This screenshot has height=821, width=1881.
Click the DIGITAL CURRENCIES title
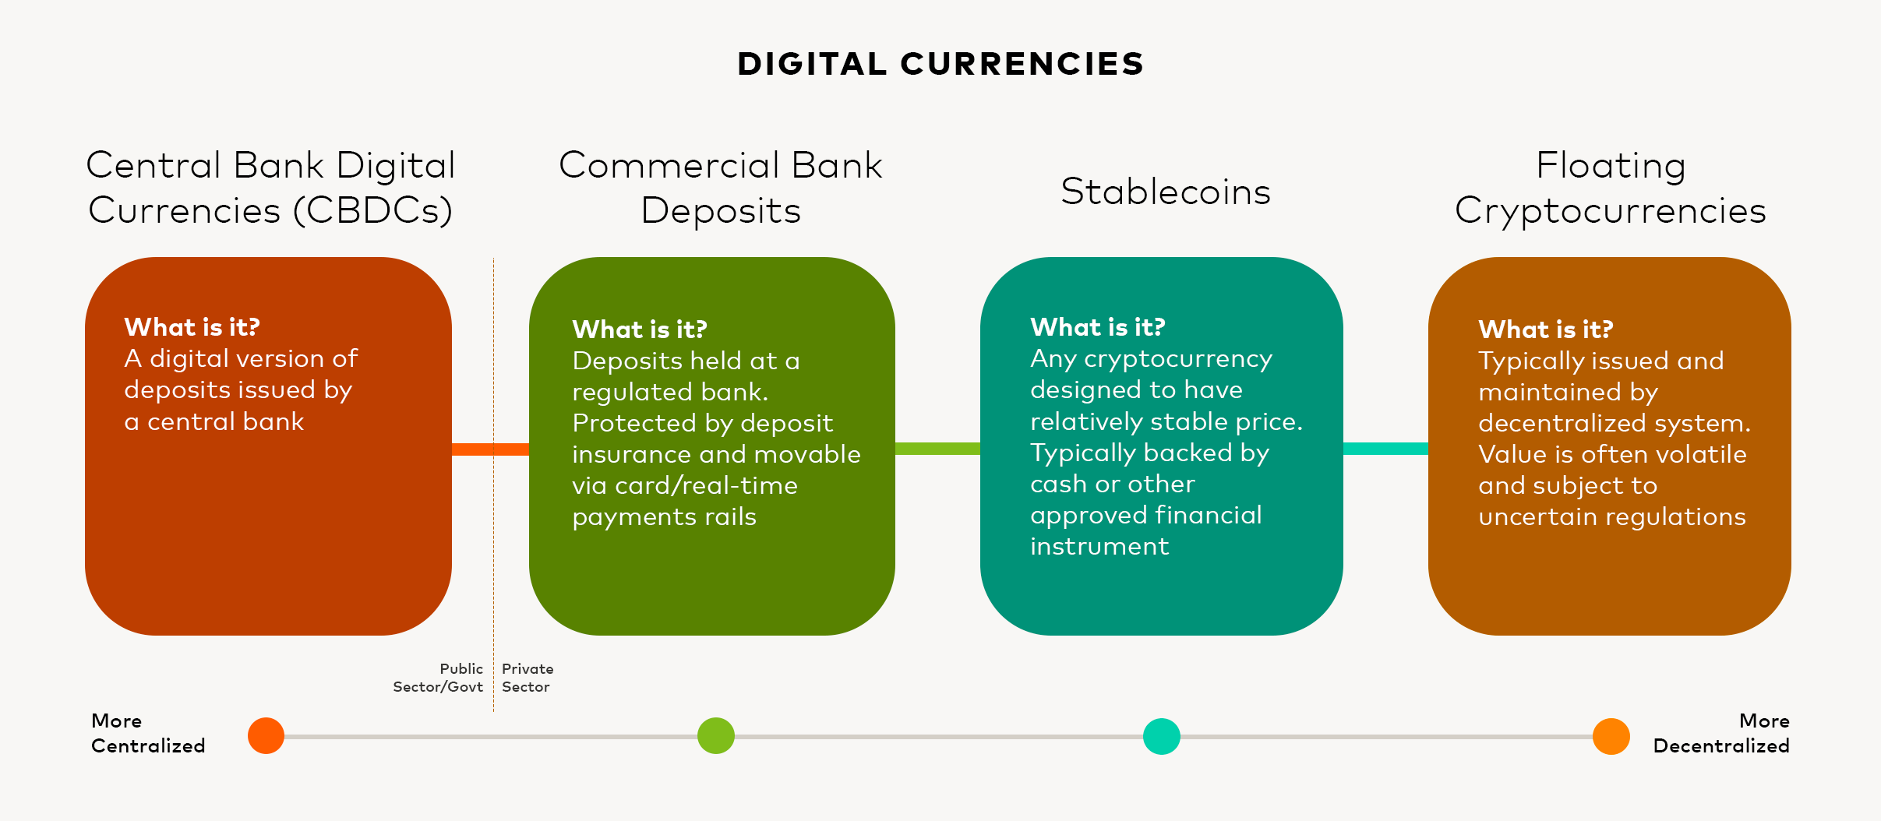point(940,64)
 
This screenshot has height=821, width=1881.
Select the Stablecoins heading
point(1166,192)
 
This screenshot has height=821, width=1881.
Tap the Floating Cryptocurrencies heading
point(1611,188)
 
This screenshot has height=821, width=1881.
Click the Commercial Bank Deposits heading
point(721,188)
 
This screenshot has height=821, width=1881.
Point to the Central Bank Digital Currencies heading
point(270,188)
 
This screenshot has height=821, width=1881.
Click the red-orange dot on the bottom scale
point(266,736)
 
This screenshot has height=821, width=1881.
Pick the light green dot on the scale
point(716,736)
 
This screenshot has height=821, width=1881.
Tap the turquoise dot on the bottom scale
point(1162,736)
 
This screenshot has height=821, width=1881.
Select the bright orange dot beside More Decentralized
point(1611,736)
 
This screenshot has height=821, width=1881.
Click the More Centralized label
point(148,733)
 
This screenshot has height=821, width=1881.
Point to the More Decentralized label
point(1721,733)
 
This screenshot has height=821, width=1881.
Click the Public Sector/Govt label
point(438,678)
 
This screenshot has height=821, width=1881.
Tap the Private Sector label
point(528,678)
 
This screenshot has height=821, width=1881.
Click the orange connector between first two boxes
point(490,449)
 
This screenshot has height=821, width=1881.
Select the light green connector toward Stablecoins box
point(937,449)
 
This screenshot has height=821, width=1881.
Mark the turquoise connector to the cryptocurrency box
point(1385,449)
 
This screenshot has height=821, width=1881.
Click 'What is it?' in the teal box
point(1098,327)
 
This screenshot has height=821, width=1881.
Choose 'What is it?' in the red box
point(192,327)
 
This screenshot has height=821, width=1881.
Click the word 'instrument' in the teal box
point(1099,546)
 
